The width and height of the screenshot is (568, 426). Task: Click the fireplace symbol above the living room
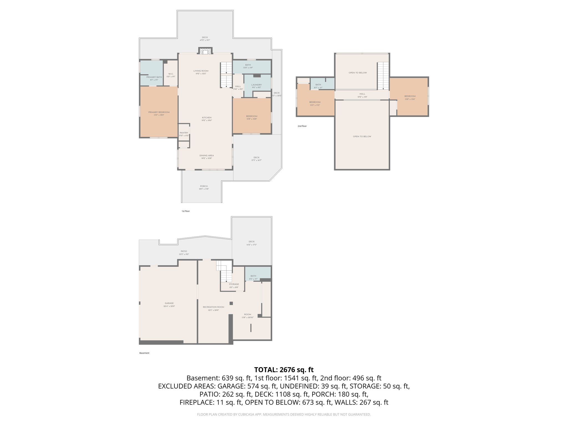205,51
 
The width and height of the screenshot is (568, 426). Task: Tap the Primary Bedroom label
159,112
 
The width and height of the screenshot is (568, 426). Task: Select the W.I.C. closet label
171,74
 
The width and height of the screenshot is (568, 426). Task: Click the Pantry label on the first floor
184,133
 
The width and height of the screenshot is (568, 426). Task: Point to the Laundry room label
257,85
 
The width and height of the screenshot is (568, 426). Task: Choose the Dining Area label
207,156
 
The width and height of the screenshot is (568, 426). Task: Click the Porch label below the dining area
204,186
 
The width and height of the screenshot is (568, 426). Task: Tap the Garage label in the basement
169,303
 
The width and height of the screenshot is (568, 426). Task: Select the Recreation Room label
214,307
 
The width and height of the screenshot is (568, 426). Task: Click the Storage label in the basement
234,284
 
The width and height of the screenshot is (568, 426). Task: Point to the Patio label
184,251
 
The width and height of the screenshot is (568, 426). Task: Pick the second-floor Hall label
362,94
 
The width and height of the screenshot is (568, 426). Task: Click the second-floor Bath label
318,85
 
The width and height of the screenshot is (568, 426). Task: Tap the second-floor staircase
383,75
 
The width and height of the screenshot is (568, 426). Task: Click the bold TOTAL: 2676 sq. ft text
284,370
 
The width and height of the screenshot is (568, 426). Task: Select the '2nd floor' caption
302,126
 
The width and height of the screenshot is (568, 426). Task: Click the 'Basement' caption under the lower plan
144,353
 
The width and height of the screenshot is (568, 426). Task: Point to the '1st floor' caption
186,211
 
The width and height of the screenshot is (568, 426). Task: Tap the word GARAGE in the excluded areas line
229,386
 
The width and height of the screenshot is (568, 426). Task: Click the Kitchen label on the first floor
207,118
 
